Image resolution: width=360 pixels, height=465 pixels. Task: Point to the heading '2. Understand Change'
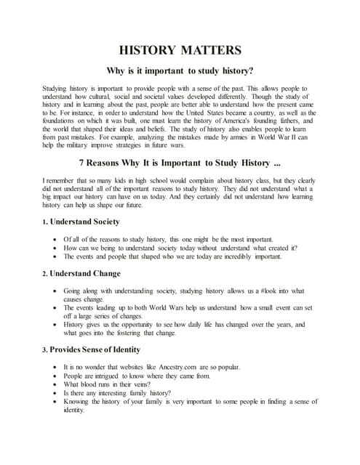81,273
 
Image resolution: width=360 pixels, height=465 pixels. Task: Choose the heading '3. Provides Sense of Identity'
95,349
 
